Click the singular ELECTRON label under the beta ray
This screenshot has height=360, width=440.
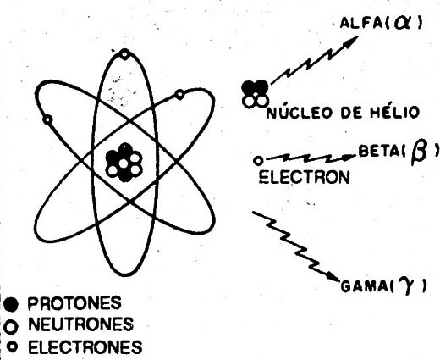(304, 177)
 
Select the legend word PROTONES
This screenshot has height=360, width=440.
(74, 303)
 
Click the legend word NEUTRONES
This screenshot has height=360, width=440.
(80, 324)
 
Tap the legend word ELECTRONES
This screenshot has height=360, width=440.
(85, 346)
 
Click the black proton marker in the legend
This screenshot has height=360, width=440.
(11, 304)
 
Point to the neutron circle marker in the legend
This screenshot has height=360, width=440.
(11, 327)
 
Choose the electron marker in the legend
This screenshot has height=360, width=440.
(12, 346)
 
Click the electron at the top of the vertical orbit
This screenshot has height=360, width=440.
(124, 54)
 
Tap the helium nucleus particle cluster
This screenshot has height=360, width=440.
(255, 94)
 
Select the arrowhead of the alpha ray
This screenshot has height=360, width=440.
(351, 42)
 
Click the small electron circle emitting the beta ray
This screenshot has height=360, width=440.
(258, 160)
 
